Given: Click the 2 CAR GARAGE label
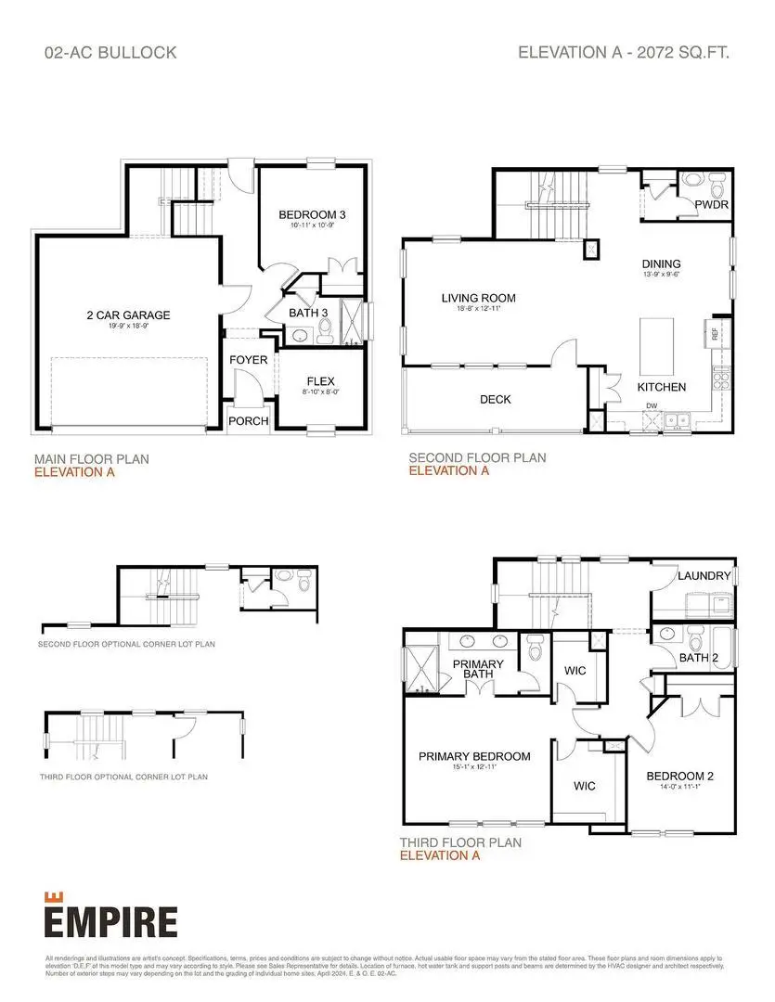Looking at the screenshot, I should point(128,315).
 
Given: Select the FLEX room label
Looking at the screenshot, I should point(320,381).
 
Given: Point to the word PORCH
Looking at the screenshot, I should point(248,420).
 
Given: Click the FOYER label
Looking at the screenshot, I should point(248,360).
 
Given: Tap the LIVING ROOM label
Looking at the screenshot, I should point(478,298).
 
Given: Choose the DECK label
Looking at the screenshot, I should point(495,399).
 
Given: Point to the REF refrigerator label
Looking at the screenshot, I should point(716,334).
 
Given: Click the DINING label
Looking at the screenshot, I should point(660,263).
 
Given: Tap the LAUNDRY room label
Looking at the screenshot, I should point(704,576).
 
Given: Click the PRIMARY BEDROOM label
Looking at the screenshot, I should point(474,756).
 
